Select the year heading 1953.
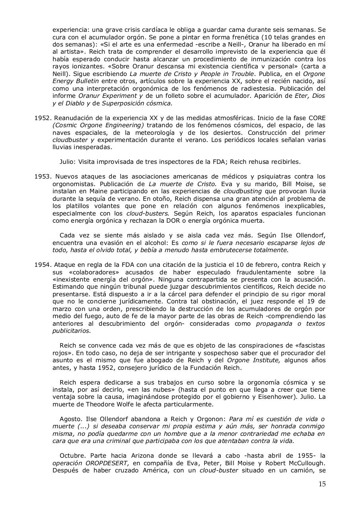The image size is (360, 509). (x=42, y=176)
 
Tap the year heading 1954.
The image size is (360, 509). (x=42, y=265)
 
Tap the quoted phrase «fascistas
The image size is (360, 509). (x=309, y=346)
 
